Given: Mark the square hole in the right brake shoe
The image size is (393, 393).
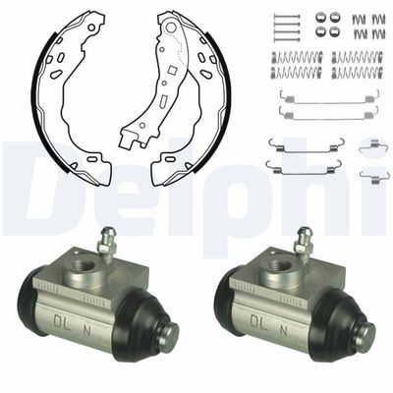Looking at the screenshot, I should pos(171,70).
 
